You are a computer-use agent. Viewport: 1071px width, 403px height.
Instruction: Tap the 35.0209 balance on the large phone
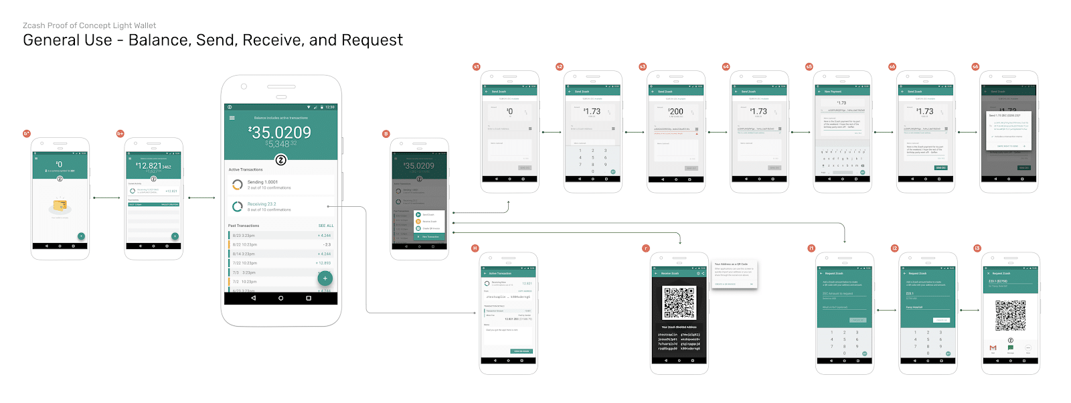pyautogui.click(x=280, y=133)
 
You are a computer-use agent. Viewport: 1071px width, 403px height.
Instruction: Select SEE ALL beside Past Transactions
pyautogui.click(x=326, y=226)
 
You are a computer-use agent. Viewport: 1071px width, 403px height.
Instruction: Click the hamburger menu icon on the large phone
pyautogui.click(x=232, y=118)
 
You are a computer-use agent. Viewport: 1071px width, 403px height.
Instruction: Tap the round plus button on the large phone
pyautogui.click(x=325, y=278)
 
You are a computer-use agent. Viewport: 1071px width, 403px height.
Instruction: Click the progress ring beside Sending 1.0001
pyautogui.click(x=238, y=185)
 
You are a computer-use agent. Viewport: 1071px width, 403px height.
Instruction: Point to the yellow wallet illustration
pyautogui.click(x=60, y=205)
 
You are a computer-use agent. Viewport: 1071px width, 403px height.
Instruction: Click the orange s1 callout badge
pyautogui.click(x=477, y=67)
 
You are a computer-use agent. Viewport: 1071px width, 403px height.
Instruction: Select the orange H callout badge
pyautogui.click(x=475, y=248)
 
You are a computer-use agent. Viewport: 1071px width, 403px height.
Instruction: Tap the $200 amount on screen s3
pyautogui.click(x=676, y=112)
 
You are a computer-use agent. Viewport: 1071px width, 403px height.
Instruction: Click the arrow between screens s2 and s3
pyautogui.click(x=635, y=132)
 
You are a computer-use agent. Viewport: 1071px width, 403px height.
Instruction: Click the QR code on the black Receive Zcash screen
pyautogui.click(x=679, y=303)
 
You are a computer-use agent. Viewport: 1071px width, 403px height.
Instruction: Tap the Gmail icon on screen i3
pyautogui.click(x=993, y=348)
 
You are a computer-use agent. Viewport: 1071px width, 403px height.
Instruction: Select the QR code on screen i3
pyautogui.click(x=1010, y=315)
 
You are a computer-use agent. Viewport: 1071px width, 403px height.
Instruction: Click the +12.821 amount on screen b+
pyautogui.click(x=171, y=191)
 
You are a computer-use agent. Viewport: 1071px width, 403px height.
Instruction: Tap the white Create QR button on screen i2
pyautogui.click(x=941, y=320)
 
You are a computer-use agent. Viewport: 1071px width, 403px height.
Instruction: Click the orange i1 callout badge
pyautogui.click(x=811, y=248)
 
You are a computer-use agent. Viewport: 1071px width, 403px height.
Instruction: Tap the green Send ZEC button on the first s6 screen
pyautogui.click(x=940, y=167)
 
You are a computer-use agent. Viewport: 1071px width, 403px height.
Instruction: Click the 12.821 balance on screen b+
pyautogui.click(x=153, y=166)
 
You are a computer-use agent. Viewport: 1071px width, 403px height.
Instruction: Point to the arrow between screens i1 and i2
pyautogui.click(x=886, y=310)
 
